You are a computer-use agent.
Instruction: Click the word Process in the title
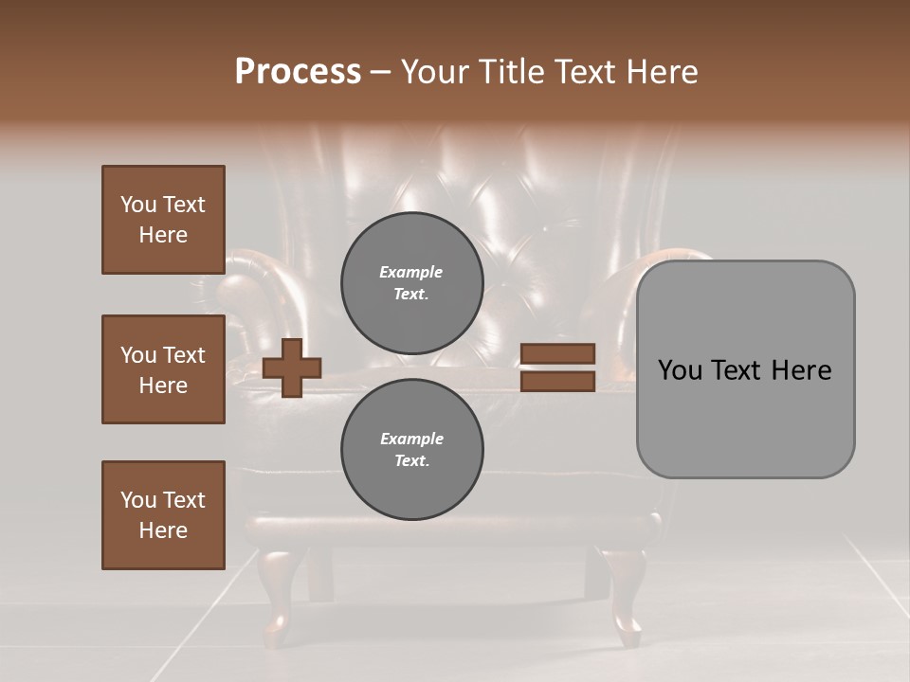298,72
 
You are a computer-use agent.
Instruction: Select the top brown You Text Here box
163,220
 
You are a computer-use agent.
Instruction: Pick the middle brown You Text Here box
163,369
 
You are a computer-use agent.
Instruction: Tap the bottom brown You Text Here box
163,514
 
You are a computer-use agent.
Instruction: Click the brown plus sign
292,368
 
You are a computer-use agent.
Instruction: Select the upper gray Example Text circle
411,282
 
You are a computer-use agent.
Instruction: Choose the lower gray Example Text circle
411,449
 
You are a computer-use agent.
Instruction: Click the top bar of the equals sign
557,353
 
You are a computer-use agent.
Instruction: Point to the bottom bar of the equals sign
557,381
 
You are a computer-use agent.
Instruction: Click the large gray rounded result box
745,369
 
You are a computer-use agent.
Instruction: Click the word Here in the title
657,72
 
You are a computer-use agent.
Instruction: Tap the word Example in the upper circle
410,272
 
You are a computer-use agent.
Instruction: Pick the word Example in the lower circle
411,439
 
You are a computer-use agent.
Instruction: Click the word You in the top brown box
137,205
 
